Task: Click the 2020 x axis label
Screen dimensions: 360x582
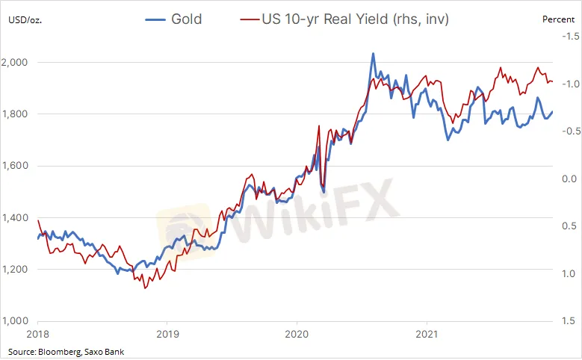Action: click(x=297, y=335)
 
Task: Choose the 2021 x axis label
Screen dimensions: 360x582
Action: click(x=426, y=335)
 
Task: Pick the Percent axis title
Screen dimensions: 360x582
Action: click(x=559, y=19)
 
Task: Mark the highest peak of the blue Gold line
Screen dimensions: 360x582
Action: click(x=373, y=54)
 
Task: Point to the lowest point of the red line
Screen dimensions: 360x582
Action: click(x=145, y=288)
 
